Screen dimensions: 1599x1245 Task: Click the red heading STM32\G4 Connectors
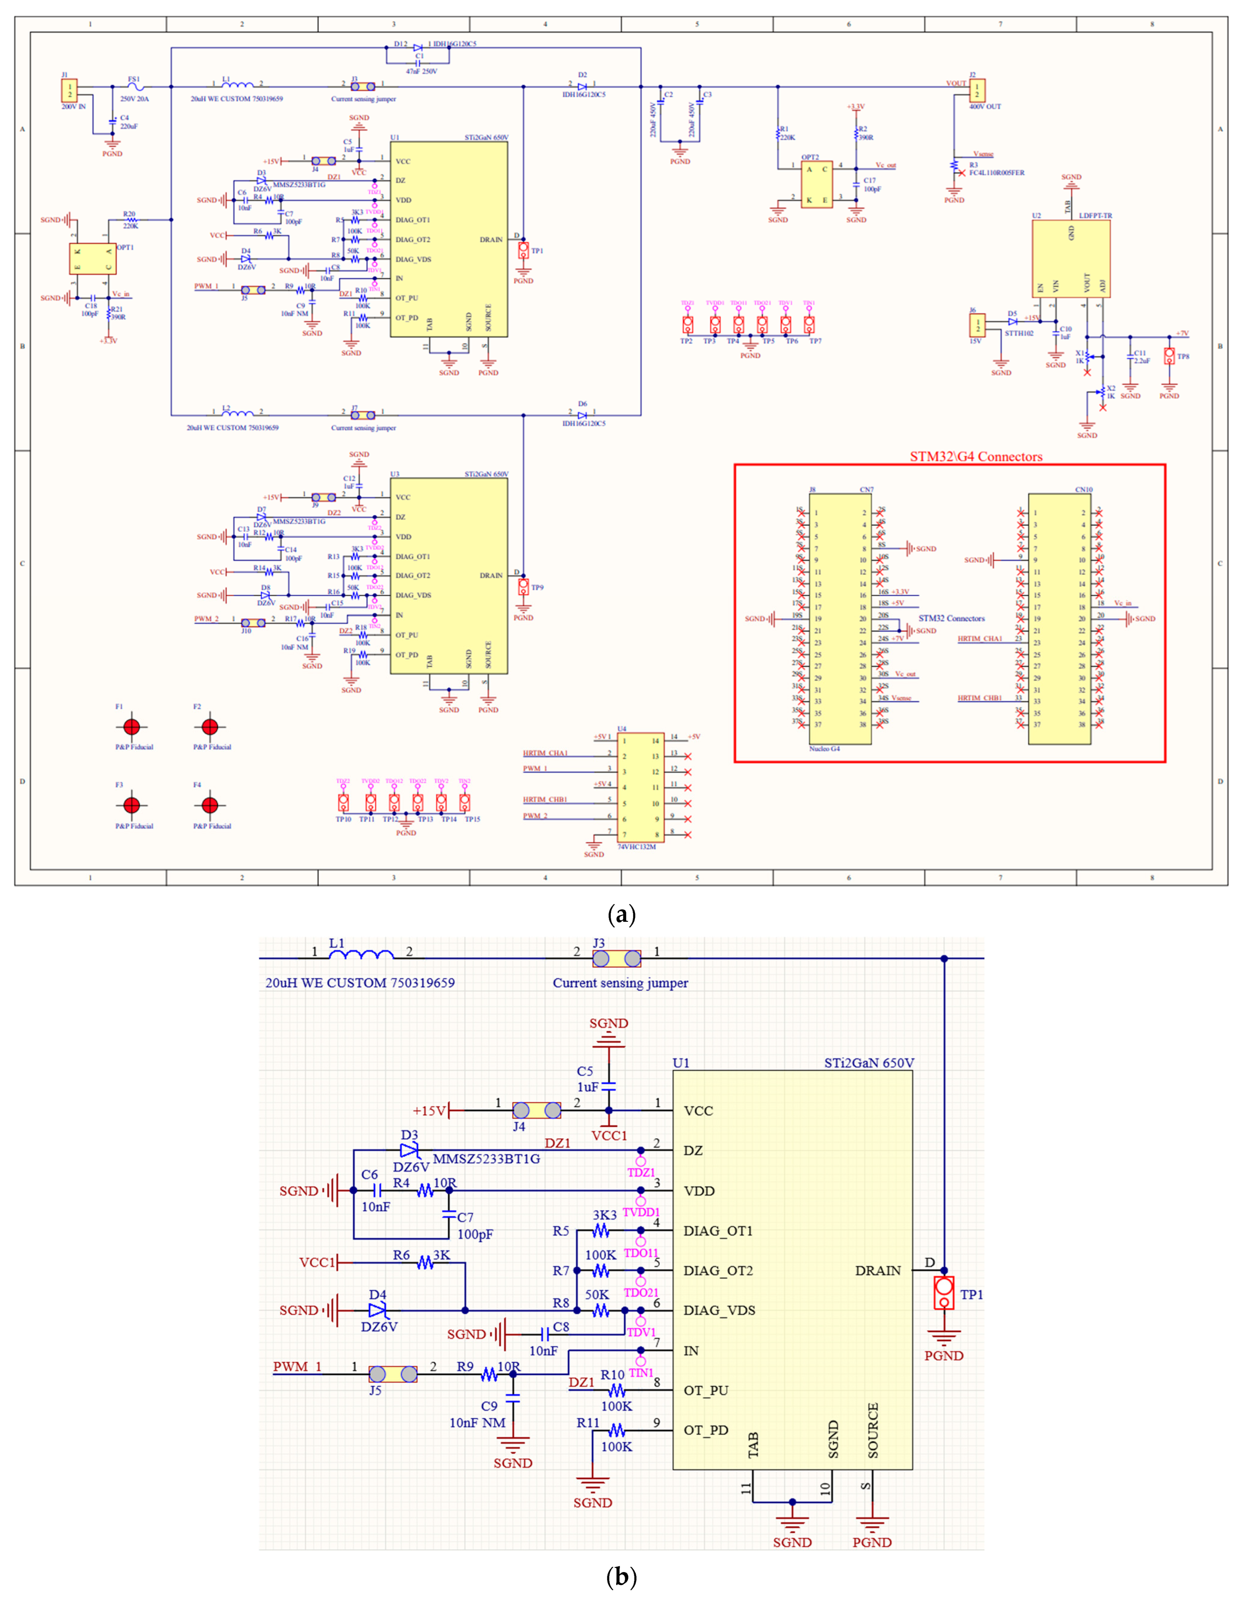pos(976,457)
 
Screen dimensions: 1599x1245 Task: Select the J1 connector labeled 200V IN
pos(69,91)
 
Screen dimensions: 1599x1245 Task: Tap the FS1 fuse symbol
pos(134,86)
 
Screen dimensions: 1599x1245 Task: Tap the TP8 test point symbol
pos(1169,356)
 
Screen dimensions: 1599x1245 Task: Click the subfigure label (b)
pos(622,1576)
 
